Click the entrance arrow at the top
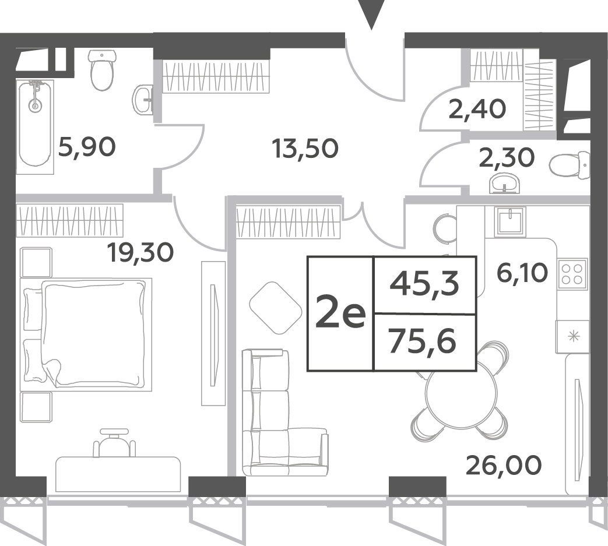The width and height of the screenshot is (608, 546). point(371,13)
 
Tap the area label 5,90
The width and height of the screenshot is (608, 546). point(87,147)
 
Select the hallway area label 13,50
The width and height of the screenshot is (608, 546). point(305,149)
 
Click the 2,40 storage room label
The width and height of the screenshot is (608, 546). point(477,109)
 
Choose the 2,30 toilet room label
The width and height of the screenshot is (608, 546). point(507,158)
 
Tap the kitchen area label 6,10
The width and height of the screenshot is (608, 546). point(522,273)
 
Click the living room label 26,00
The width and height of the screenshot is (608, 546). point(503,464)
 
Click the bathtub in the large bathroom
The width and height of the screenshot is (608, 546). point(36,126)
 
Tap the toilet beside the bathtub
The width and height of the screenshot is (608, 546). point(103,70)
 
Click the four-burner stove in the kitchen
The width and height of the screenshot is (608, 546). point(572,274)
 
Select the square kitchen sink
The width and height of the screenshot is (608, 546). point(511,221)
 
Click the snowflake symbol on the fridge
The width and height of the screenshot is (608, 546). point(572,337)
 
